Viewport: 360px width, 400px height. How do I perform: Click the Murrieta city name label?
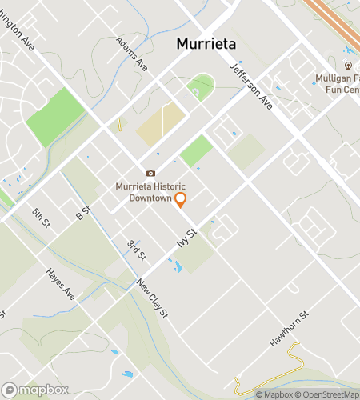tap(206, 45)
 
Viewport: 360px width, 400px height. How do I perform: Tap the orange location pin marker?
tap(181, 199)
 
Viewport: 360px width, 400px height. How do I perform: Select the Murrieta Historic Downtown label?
tap(150, 192)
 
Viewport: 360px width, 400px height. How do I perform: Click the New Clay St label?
tap(151, 298)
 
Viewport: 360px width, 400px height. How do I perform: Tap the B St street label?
tap(83, 214)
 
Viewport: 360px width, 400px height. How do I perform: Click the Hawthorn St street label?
tap(288, 329)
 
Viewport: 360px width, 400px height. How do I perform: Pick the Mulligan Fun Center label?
tap(336, 82)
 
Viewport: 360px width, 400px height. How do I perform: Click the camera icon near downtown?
tap(150, 173)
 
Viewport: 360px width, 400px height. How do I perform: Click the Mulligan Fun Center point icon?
tap(348, 65)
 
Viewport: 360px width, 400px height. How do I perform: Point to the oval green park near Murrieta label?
tap(201, 86)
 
